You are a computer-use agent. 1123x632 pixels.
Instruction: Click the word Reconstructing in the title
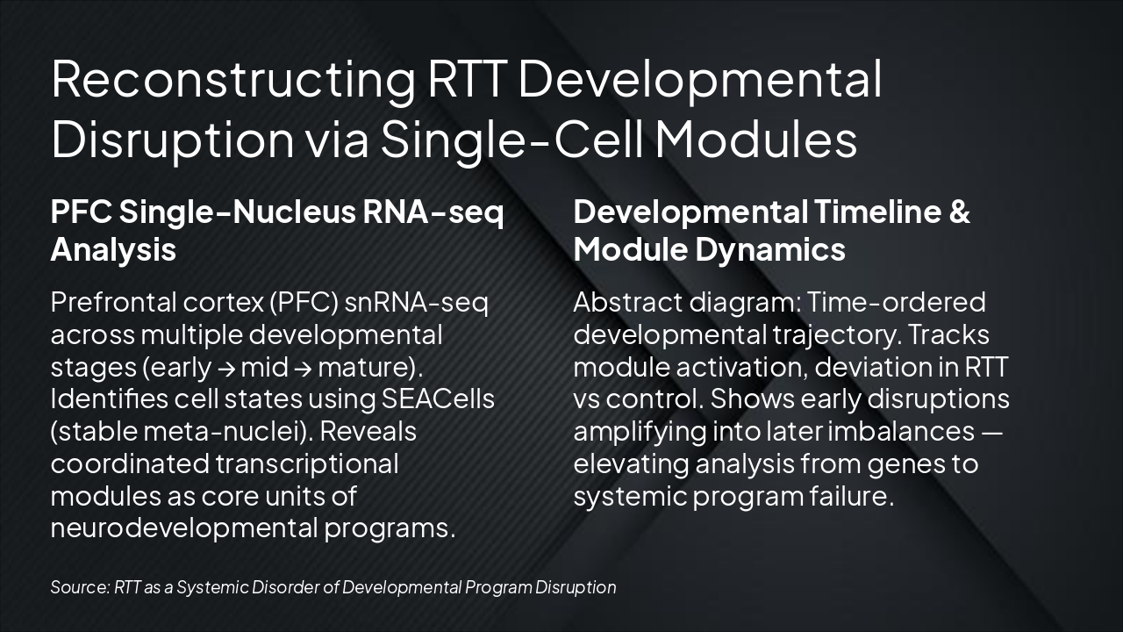[233, 80]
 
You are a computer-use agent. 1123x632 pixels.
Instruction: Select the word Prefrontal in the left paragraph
[113, 303]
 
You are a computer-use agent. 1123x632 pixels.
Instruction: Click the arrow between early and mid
[226, 368]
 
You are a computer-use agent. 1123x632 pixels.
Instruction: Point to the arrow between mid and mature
[303, 368]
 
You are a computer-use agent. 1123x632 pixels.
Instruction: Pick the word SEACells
[438, 399]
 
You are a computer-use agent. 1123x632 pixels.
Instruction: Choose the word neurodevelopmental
[184, 528]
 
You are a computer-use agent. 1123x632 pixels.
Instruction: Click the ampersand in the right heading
[959, 212]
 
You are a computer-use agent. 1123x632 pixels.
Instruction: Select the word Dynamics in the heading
[770, 250]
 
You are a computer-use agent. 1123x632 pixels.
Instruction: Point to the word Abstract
[627, 303]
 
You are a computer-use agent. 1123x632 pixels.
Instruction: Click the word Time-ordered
[896, 303]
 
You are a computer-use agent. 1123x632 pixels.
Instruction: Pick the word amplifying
[640, 433]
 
